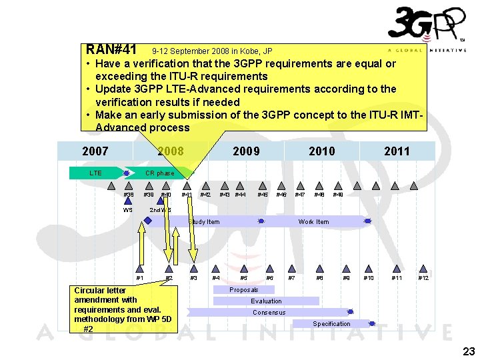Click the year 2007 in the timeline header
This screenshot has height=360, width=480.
[x=95, y=151]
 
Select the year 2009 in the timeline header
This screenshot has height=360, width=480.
[x=246, y=151]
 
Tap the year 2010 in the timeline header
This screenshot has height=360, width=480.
[x=322, y=151]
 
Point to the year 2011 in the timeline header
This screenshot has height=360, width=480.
[x=397, y=151]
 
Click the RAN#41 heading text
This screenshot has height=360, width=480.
[x=111, y=50]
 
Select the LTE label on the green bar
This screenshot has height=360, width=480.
[x=95, y=173]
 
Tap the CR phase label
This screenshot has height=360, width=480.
[x=159, y=173]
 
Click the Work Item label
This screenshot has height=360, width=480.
[x=313, y=221]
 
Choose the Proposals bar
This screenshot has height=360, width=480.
[x=243, y=290]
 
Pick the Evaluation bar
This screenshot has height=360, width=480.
[x=266, y=301]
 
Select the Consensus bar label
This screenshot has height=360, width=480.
[x=269, y=313]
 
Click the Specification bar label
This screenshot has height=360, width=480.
[x=331, y=324]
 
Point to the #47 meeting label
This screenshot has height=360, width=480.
[x=300, y=195]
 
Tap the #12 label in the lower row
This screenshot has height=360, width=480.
[x=423, y=278]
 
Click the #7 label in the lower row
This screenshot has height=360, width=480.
[x=291, y=278]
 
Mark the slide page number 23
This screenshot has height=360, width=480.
[x=469, y=351]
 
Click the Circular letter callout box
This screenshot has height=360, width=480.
[x=123, y=309]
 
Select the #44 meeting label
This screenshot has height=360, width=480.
[x=241, y=195]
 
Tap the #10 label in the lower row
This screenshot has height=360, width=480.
[x=369, y=278]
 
